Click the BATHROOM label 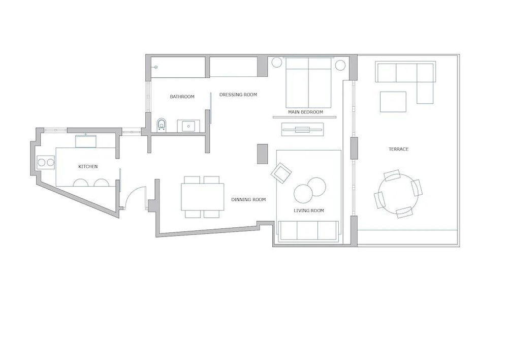[182, 97]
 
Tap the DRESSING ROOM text [238, 95]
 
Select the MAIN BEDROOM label [305, 112]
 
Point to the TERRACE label [398, 149]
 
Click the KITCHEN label [88, 167]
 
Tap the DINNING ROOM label [248, 200]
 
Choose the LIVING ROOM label [309, 211]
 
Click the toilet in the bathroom [162, 124]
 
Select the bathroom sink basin [189, 126]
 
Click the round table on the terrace [398, 194]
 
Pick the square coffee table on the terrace [393, 102]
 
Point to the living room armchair [281, 172]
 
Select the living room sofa [307, 231]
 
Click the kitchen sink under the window [86, 141]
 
